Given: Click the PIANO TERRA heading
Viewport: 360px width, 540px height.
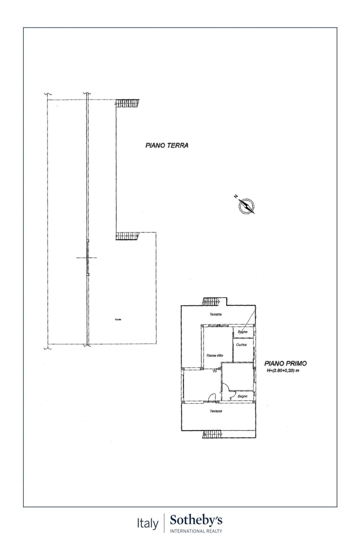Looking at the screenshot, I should pyautogui.click(x=167, y=145).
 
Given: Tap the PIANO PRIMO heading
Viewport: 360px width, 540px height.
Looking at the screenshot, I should pyautogui.click(x=285, y=363).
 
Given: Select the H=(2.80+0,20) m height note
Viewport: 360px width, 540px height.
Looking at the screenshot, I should pyautogui.click(x=283, y=370).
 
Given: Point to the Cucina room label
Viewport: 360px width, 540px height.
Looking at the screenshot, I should pyautogui.click(x=241, y=345).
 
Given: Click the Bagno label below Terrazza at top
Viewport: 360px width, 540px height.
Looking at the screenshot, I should pyautogui.click(x=242, y=332).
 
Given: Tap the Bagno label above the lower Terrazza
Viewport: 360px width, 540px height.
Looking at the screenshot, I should pyautogui.click(x=242, y=396).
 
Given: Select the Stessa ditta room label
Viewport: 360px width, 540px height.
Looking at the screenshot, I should pyautogui.click(x=215, y=355).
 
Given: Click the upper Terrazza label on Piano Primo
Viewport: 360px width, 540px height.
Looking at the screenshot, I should pyautogui.click(x=216, y=314).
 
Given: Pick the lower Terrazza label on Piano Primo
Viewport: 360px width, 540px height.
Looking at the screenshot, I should pyautogui.click(x=216, y=411).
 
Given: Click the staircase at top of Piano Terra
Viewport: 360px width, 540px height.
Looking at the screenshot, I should pyautogui.click(x=128, y=104).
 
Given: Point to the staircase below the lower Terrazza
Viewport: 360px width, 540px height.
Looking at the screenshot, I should pyautogui.click(x=212, y=434).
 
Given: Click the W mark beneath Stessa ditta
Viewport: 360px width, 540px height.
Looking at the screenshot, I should pyautogui.click(x=215, y=371).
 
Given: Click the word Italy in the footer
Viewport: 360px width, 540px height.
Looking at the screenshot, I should pyautogui.click(x=148, y=523).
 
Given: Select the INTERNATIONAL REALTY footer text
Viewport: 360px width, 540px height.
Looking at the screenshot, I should pyautogui.click(x=196, y=531).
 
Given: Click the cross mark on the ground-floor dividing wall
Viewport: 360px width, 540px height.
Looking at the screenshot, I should pyautogui.click(x=87, y=257).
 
